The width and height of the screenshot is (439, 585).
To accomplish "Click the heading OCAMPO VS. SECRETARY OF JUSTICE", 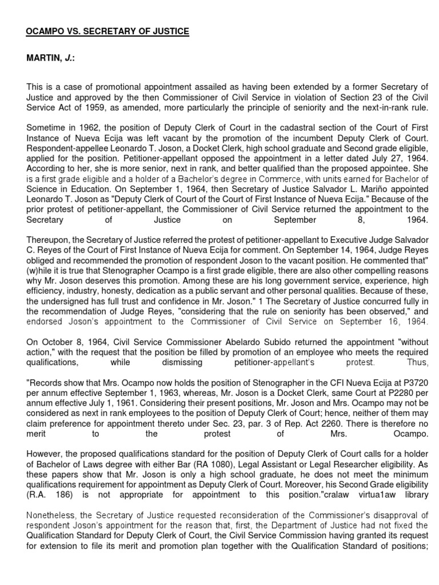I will (x=107, y=32).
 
